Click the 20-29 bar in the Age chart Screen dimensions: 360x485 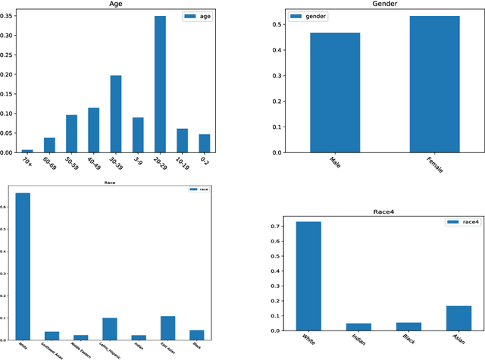tap(161, 84)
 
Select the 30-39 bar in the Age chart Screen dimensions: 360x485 tap(116, 114)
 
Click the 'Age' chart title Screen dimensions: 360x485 tap(116, 5)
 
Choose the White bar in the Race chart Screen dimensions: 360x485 tap(22, 266)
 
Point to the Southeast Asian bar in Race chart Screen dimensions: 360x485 tap(52, 335)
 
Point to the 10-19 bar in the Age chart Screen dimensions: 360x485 tap(183, 140)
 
